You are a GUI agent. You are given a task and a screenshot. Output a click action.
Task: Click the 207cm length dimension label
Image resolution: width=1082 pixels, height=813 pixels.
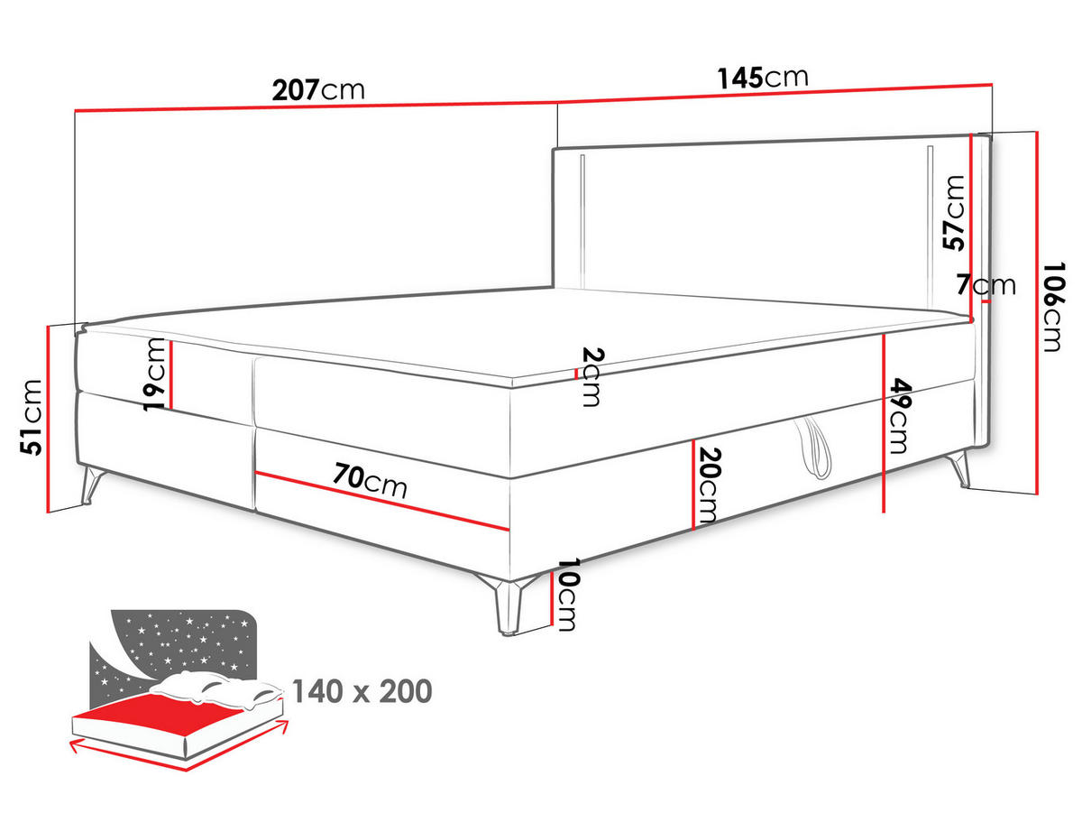318,90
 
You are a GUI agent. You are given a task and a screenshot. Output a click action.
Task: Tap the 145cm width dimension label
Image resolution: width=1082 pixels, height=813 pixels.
763,78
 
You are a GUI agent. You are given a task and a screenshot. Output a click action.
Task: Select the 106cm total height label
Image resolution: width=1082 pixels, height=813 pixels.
1053,307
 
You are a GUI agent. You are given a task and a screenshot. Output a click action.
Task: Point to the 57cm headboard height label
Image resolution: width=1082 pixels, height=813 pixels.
953,213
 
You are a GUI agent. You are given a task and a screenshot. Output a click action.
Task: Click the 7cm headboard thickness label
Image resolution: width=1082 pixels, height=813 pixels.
986,284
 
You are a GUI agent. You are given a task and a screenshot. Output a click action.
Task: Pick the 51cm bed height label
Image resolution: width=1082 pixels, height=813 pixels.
31,417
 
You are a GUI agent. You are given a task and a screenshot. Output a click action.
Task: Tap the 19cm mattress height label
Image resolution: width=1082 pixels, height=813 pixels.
154,374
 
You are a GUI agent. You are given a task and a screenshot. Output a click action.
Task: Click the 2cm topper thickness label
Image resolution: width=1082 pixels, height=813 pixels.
592,376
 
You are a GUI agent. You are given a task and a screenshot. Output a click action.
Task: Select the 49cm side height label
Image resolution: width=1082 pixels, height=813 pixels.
899,415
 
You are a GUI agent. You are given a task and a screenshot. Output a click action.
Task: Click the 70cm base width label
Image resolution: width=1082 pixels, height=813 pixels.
370,480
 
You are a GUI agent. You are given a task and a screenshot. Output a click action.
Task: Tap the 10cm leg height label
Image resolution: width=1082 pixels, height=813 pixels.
567,594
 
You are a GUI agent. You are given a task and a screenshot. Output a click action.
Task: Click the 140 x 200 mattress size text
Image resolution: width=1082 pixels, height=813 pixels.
362,691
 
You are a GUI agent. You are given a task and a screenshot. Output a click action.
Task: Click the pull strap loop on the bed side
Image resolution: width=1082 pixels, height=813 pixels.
813,448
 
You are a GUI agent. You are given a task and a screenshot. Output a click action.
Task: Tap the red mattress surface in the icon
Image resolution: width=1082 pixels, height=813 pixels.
160,709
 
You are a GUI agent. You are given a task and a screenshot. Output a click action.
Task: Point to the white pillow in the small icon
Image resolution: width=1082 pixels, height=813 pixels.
217,688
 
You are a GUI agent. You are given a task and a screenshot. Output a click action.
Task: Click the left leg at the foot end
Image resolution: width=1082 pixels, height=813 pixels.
93,484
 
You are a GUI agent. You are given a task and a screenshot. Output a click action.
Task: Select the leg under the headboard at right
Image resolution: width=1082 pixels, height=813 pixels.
958,468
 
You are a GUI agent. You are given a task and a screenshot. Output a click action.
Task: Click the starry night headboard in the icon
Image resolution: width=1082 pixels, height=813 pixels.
188,642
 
